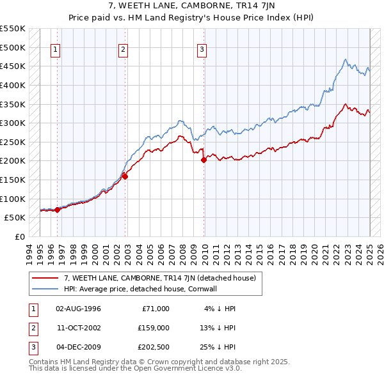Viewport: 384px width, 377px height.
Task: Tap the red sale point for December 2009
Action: pos(204,160)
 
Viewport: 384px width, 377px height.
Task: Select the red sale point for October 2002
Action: pos(125,177)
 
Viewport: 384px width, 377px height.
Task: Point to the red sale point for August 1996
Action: pos(58,209)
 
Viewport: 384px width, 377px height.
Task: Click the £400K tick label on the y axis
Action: pos(12,85)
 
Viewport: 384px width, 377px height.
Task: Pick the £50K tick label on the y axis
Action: pos(15,218)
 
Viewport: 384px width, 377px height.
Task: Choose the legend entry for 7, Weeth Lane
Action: pos(160,278)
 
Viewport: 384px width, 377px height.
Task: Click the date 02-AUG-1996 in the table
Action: pos(79,309)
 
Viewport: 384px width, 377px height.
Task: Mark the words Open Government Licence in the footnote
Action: pos(193,369)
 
